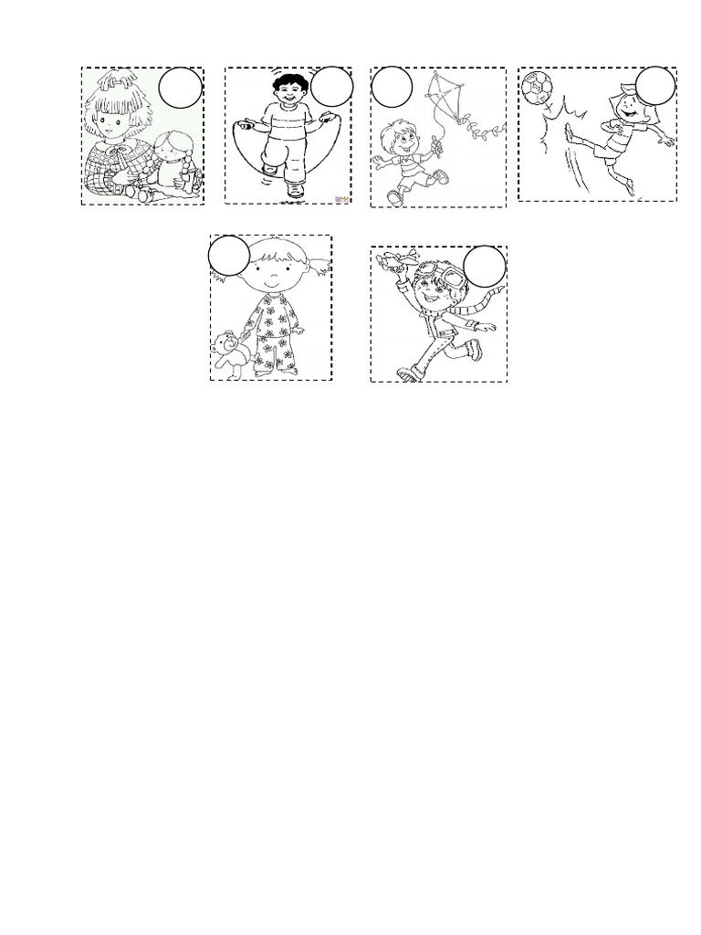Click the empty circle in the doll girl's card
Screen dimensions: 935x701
(x=181, y=89)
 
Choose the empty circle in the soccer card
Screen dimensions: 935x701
(x=655, y=87)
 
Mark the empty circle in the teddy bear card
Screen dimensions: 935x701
(x=228, y=257)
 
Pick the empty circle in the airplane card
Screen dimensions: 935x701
(x=484, y=267)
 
